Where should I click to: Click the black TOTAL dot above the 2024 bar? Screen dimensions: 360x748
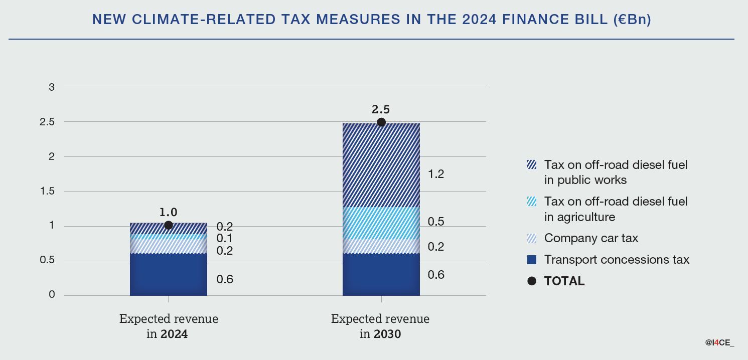point(169,226)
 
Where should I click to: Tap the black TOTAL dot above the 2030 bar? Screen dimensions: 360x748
point(381,122)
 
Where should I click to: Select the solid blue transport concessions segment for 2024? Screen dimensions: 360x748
point(169,274)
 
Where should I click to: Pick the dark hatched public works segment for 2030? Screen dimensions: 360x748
point(381,165)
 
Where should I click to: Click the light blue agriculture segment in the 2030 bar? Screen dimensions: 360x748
point(381,223)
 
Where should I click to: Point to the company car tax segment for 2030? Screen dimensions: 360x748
point(381,246)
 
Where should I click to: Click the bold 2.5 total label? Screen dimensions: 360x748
point(381,109)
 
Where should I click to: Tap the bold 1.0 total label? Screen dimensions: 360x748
point(169,212)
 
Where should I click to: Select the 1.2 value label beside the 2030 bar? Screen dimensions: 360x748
point(436,174)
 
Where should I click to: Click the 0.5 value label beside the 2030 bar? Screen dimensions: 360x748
point(436,222)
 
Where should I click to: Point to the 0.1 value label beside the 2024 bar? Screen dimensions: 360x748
point(225,238)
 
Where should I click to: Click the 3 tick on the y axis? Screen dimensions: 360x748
point(52,87)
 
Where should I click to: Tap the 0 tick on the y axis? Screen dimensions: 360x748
point(52,295)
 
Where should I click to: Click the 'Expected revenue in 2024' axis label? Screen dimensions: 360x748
point(169,326)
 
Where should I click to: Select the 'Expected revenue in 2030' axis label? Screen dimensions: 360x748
point(381,326)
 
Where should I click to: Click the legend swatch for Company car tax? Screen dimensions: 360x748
point(532,238)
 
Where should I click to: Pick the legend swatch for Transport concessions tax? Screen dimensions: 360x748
point(532,260)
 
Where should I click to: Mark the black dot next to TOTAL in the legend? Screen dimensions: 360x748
point(532,281)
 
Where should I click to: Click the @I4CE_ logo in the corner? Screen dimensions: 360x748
point(720,343)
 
